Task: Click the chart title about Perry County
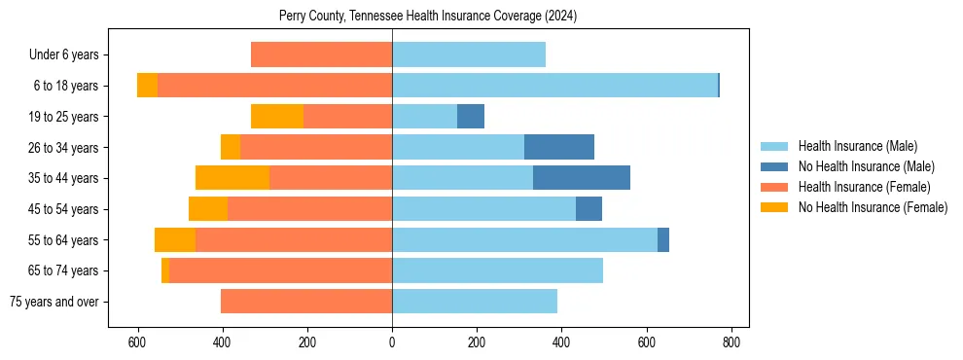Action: click(x=428, y=16)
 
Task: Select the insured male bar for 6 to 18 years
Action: click(x=554, y=86)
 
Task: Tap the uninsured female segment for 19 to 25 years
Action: click(x=277, y=117)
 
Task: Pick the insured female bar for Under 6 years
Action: click(x=321, y=54)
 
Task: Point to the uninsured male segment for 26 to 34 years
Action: click(x=559, y=147)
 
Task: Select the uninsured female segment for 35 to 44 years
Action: click(x=232, y=178)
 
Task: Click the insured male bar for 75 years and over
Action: click(x=475, y=302)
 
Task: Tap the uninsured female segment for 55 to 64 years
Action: click(x=175, y=239)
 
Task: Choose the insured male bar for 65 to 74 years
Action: click(x=497, y=270)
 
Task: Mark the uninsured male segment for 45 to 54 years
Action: click(x=588, y=209)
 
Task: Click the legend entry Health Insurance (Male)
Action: click(x=857, y=146)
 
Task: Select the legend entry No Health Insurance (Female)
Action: click(x=873, y=207)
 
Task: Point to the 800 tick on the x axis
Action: click(x=732, y=342)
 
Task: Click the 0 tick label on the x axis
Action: click(x=392, y=342)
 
